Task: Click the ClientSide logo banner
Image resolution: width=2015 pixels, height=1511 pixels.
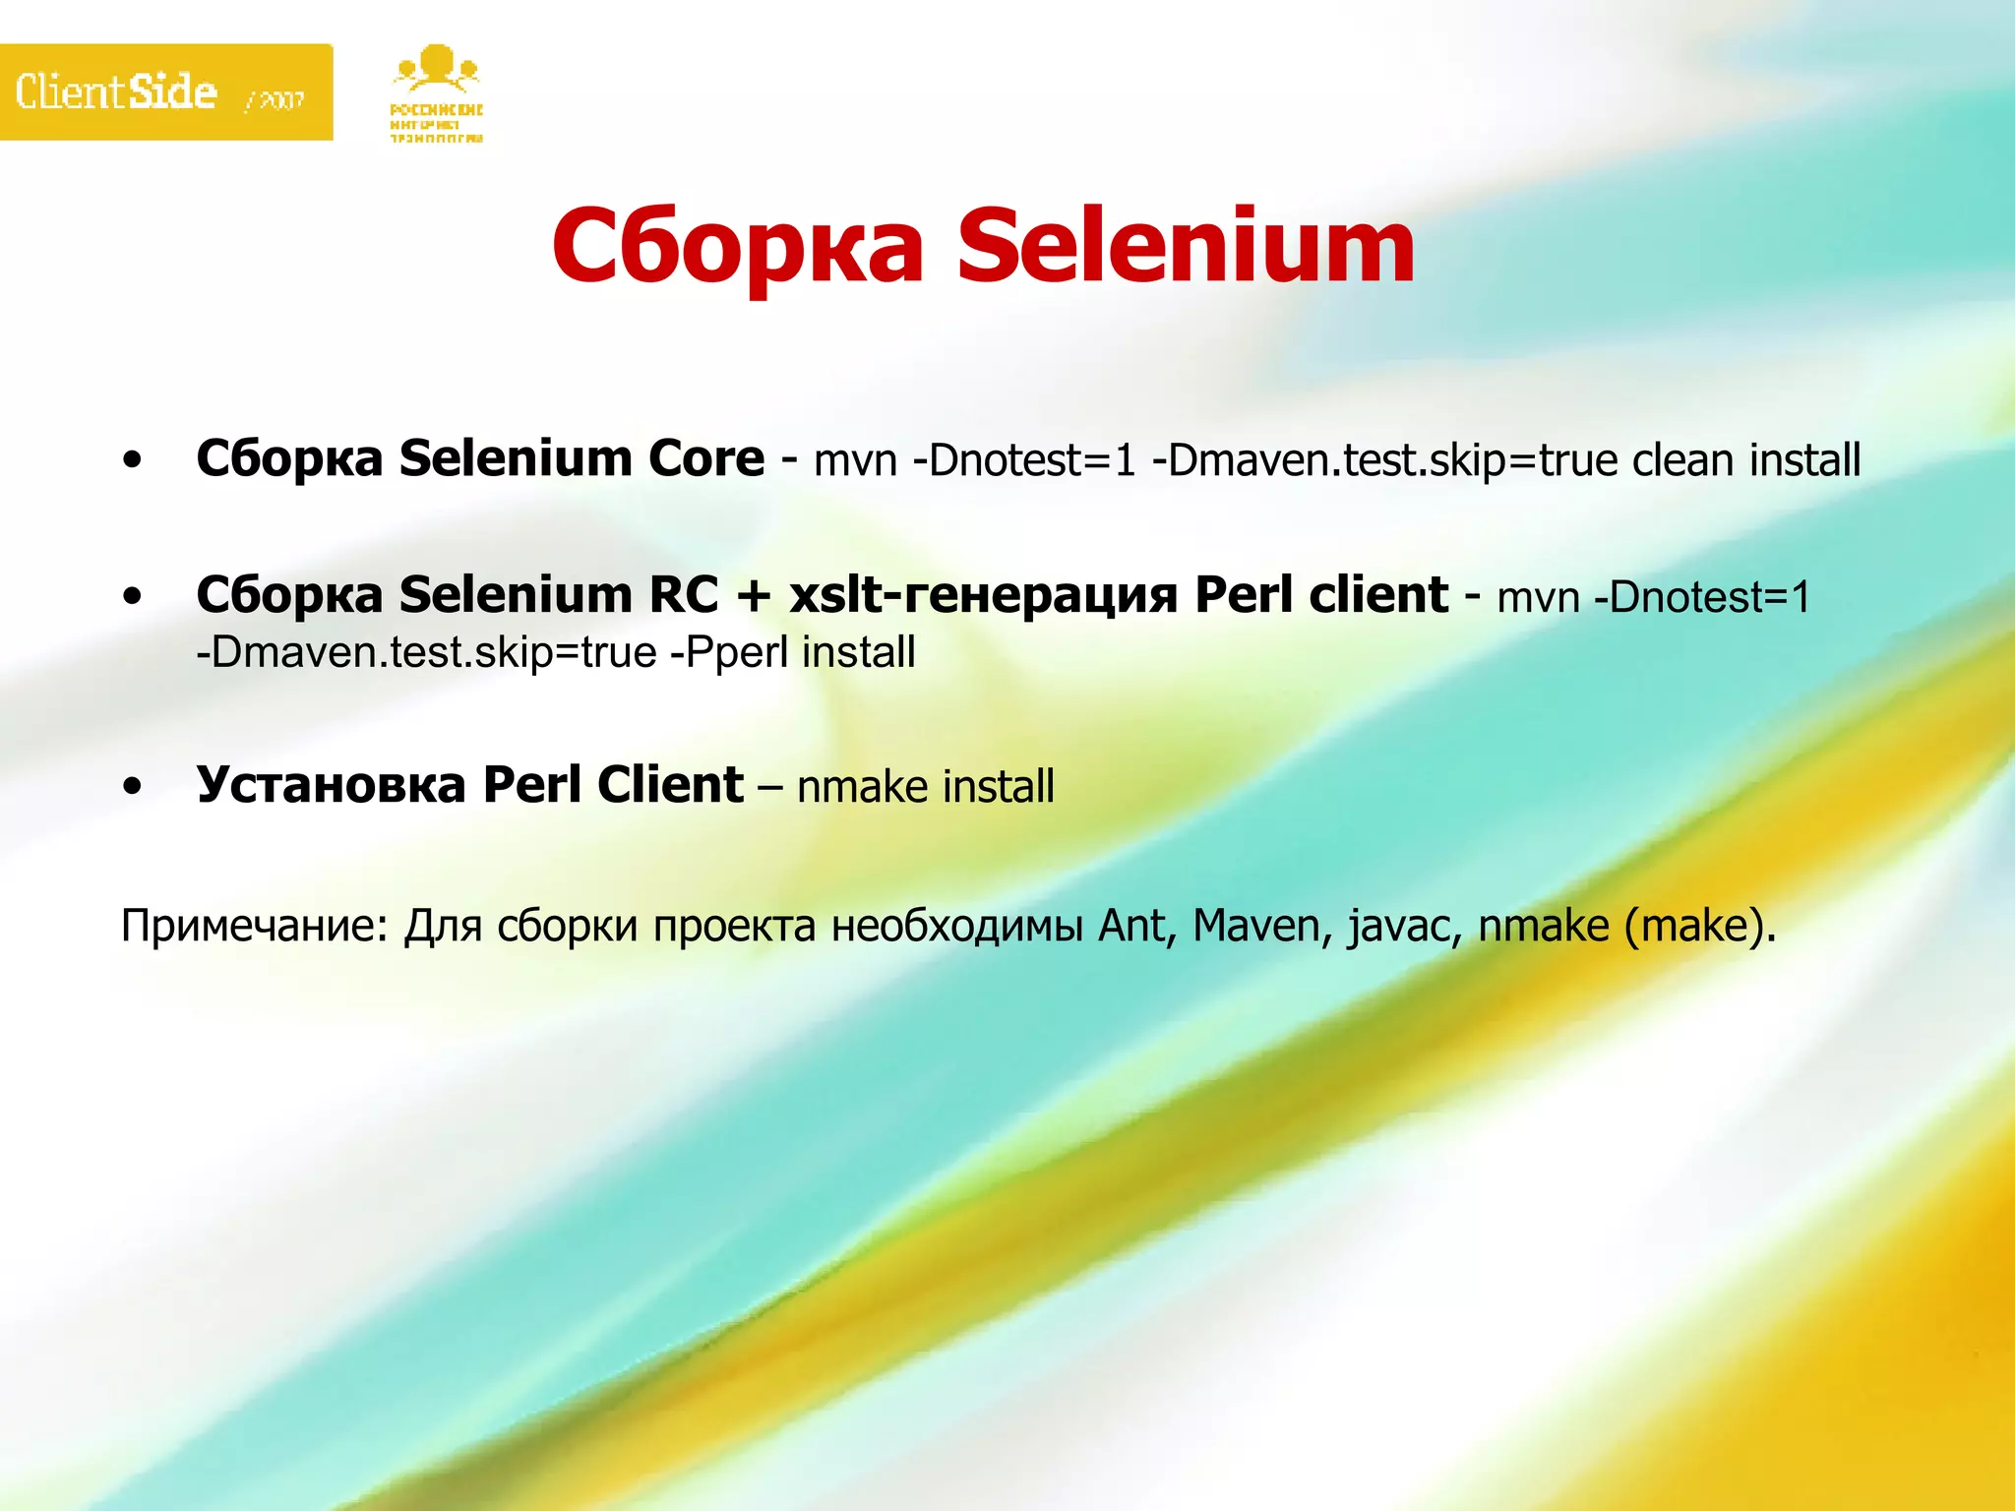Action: click(165, 91)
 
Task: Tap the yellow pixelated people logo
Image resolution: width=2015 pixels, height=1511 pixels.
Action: click(436, 93)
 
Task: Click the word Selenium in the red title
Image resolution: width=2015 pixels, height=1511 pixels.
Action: click(1186, 246)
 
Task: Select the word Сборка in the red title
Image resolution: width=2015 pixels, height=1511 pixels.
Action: click(738, 246)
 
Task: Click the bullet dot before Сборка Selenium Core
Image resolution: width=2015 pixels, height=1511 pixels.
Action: click(133, 459)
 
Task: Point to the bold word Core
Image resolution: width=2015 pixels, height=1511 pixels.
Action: click(705, 458)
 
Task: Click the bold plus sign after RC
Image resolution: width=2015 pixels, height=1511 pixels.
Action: click(754, 596)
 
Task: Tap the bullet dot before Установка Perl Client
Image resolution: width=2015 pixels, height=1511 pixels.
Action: click(133, 786)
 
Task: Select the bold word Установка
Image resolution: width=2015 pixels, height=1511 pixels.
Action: click(331, 785)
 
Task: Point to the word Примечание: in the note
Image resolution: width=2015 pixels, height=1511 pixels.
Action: click(255, 926)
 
